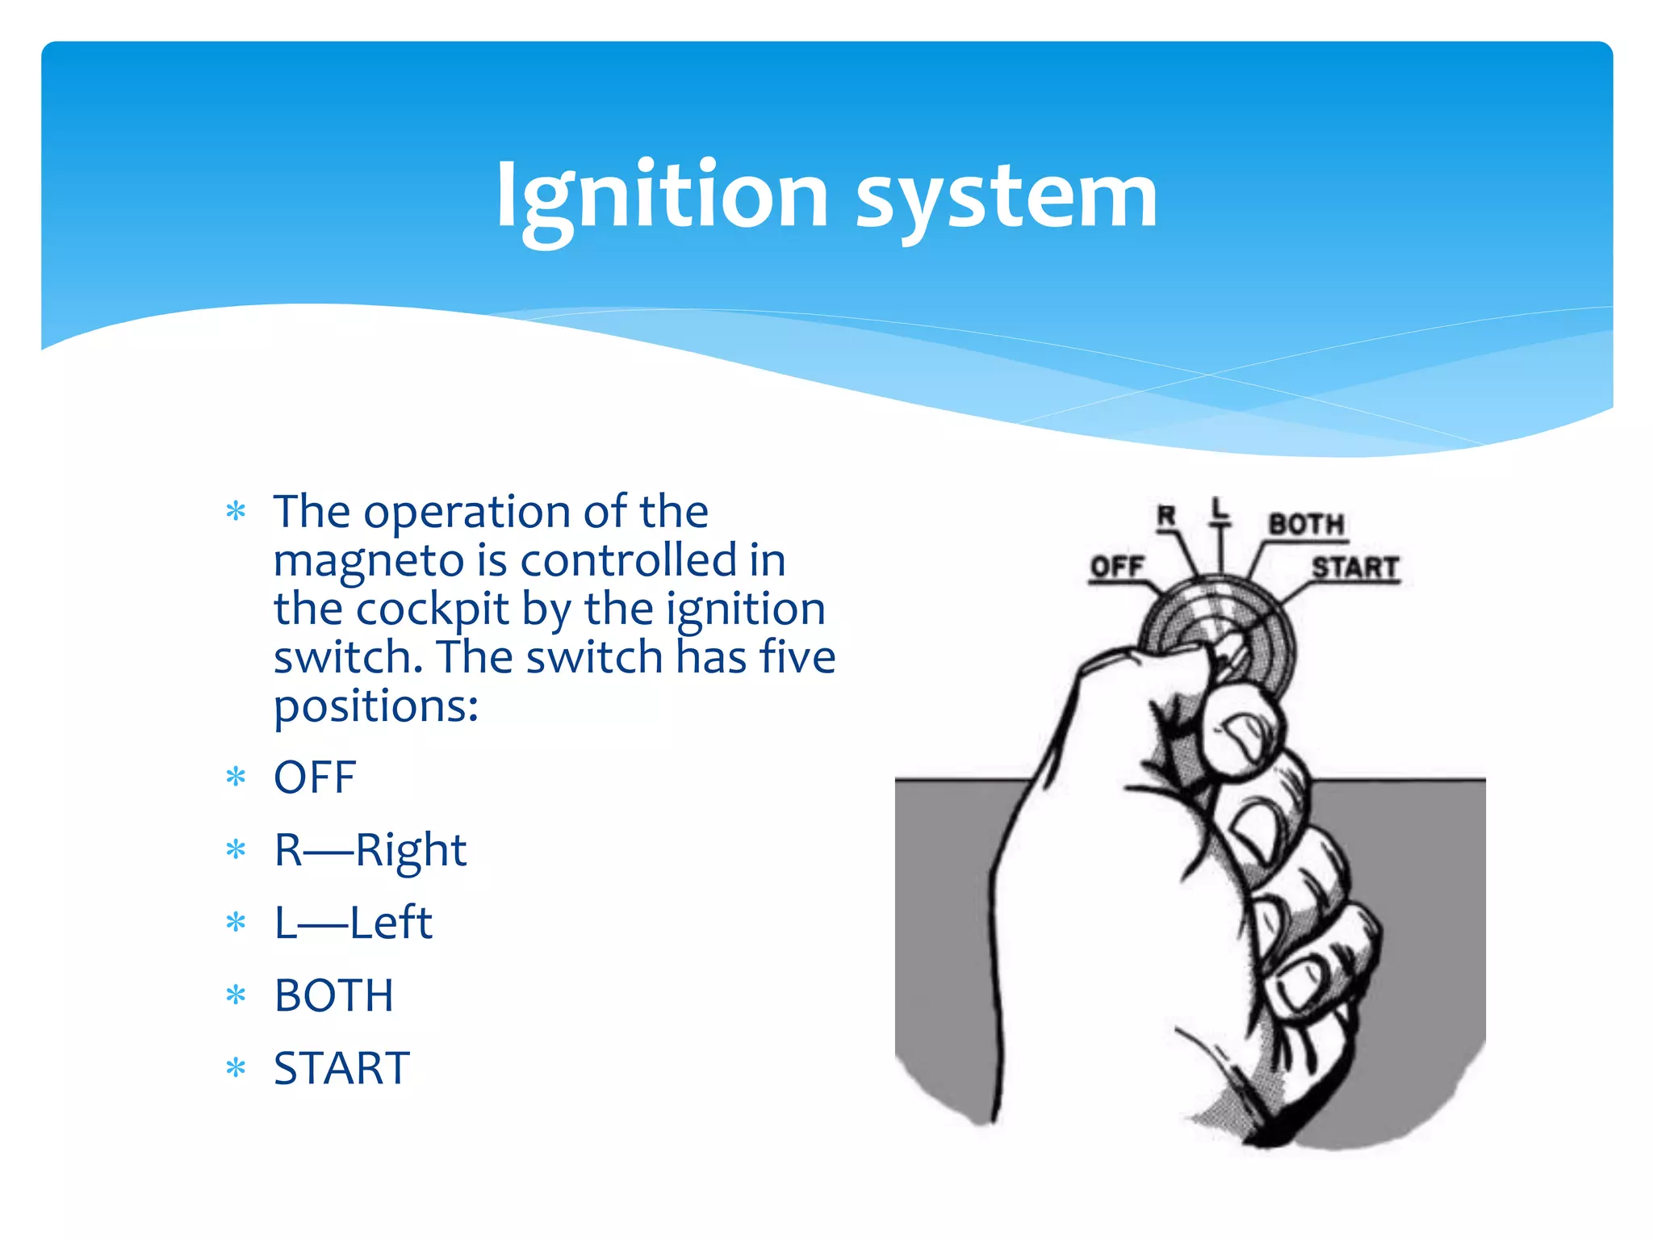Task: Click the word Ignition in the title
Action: coord(662,196)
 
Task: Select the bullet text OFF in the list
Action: coord(315,777)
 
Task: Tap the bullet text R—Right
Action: coord(370,850)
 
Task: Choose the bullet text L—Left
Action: coord(353,923)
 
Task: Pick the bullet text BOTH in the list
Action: coord(333,995)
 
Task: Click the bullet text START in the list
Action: coord(341,1068)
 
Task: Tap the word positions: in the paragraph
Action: coord(376,706)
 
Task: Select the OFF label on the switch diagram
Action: coord(1117,567)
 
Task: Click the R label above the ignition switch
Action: coord(1166,515)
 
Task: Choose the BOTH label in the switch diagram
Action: coord(1306,524)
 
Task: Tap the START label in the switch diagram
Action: coord(1354,568)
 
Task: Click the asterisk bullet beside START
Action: coord(236,1068)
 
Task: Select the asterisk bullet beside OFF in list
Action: coord(236,777)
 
